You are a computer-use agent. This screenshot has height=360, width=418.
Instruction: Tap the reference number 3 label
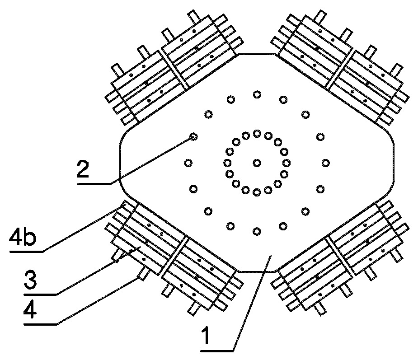[x=30, y=280]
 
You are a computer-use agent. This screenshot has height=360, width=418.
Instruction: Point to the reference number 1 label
[x=206, y=336]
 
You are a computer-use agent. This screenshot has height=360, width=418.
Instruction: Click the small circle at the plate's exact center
[x=257, y=163]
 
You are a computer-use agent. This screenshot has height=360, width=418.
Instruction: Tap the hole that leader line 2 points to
[x=193, y=137]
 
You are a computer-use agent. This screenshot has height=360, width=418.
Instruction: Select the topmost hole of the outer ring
[x=257, y=94]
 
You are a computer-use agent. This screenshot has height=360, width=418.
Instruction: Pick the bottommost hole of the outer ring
[x=257, y=231]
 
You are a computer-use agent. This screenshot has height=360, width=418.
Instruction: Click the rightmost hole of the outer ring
[x=325, y=163]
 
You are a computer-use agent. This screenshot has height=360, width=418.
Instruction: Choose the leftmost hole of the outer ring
[x=188, y=163]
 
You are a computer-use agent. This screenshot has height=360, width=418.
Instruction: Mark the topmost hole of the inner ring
[x=257, y=133]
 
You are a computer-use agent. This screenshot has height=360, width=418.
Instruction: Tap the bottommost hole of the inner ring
[x=257, y=192]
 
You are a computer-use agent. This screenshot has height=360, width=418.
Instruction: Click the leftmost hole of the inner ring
[x=227, y=163]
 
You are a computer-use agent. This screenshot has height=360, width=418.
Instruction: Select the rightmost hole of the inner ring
[x=286, y=163]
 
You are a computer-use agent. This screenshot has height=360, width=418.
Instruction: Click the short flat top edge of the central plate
[x=257, y=54]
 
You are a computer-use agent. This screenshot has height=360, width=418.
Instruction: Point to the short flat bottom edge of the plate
[x=256, y=272]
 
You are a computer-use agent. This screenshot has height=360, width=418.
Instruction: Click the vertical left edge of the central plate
[x=120, y=163]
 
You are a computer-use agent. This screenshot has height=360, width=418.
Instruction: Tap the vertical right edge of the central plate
[x=394, y=163]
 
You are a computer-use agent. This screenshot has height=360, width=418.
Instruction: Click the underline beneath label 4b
[x=26, y=251]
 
